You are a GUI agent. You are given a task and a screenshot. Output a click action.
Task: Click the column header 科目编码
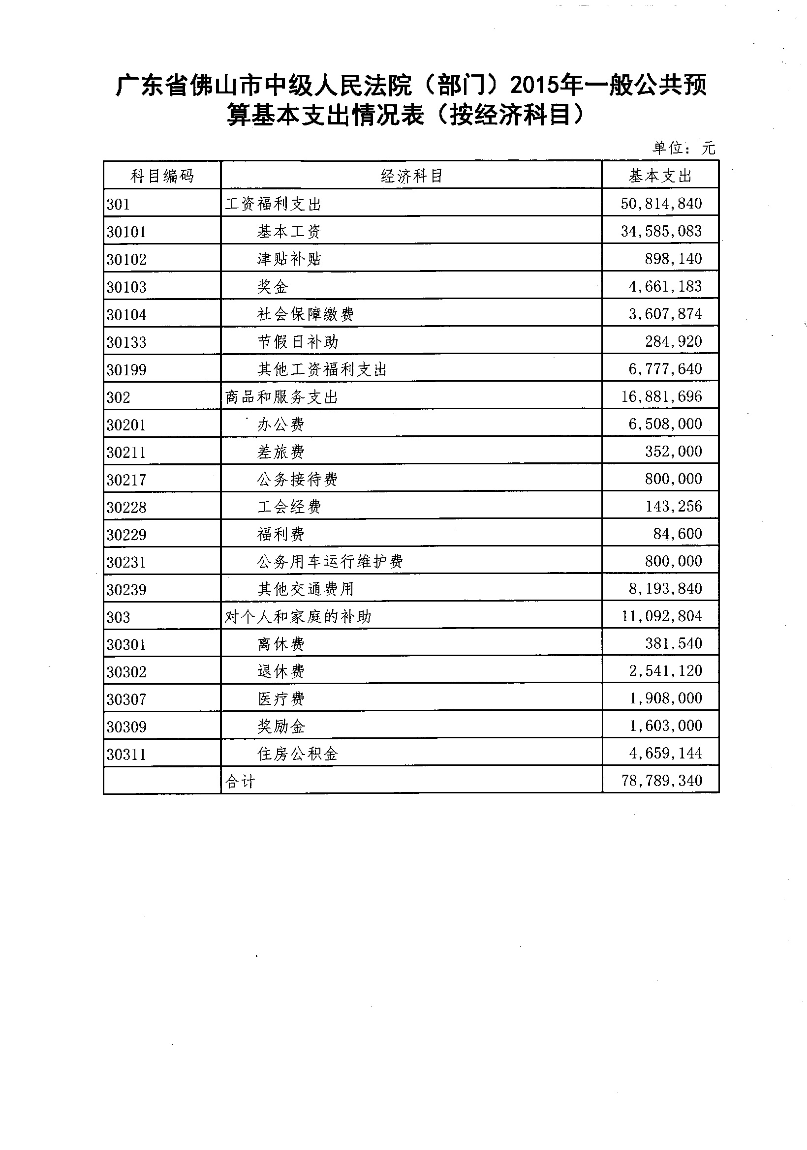[x=162, y=176]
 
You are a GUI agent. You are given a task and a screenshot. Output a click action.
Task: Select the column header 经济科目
[x=411, y=176]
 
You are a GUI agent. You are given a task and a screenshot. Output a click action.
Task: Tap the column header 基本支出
[x=660, y=176]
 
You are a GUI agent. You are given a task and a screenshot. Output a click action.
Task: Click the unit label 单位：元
[x=683, y=148]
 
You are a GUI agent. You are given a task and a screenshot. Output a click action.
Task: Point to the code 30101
[x=126, y=232]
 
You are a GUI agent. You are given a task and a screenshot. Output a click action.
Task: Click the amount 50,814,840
[x=661, y=203]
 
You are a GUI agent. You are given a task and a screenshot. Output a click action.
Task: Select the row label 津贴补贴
[x=289, y=259]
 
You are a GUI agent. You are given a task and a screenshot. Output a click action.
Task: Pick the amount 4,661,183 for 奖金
[x=665, y=286]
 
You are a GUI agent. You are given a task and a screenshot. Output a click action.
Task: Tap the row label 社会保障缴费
[x=306, y=314]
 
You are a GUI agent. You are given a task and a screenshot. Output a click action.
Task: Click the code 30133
[x=126, y=342]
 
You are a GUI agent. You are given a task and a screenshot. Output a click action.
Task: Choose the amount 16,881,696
[x=661, y=396]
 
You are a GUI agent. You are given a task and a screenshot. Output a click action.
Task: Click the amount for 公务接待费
[x=673, y=478]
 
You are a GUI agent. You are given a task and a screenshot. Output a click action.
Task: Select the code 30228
[x=126, y=508]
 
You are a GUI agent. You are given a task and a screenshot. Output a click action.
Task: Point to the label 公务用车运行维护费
[x=330, y=562]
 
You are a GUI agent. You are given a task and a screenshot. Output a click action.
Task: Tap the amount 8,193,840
[x=665, y=588]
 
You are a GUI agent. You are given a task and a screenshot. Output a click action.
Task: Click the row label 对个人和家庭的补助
[x=298, y=617]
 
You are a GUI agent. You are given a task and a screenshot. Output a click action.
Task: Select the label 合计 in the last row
[x=240, y=782]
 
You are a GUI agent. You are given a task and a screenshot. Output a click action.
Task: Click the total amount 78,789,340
[x=662, y=780]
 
